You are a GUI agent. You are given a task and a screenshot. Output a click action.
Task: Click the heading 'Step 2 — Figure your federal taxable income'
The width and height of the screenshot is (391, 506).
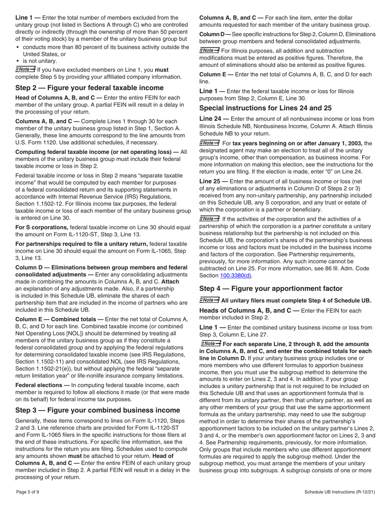point(89,88)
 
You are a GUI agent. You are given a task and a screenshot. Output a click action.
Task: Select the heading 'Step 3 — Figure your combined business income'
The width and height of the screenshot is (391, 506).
point(98,410)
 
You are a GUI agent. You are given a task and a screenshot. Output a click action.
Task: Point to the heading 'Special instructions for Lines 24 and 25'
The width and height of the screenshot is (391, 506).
point(265,108)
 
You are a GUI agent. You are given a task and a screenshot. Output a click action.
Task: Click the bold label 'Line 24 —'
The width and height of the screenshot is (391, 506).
point(214,119)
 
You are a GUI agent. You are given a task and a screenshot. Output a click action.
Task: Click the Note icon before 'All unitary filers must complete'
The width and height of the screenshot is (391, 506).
point(209,300)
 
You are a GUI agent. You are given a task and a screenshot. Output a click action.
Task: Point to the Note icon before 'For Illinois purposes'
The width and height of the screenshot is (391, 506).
point(209,50)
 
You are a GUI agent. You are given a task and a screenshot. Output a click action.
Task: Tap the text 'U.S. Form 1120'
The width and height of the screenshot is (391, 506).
point(37,142)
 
